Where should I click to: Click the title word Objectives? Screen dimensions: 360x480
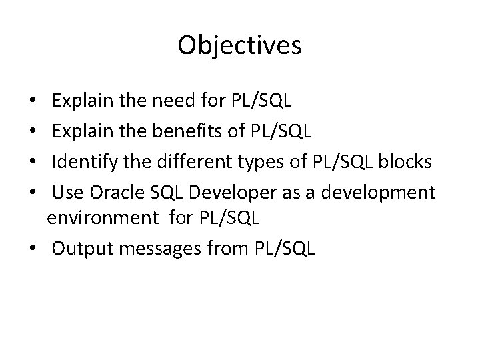[240, 45]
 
